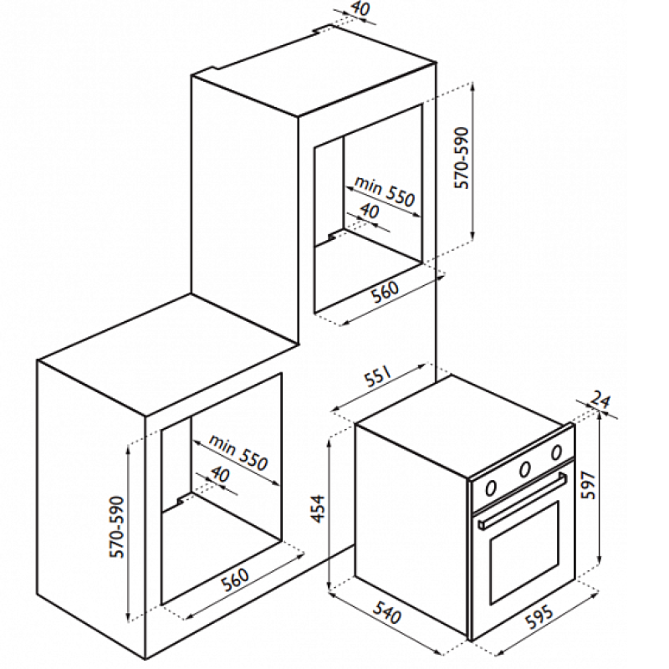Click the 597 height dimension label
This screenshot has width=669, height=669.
pos(589,485)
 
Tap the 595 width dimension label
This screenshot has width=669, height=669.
pos(540,616)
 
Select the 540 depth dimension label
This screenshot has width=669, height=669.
pos(387,613)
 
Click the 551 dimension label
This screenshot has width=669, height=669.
pos(378,375)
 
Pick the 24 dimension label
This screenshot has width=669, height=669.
pos(600,400)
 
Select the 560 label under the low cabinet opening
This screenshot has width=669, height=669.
pos(235,579)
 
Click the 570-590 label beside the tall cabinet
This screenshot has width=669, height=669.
pos(462,158)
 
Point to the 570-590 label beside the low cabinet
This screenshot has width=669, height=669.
pos(116,527)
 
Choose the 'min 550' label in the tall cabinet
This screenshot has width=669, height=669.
pos(385,191)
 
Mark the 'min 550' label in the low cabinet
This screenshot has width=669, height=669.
pos(238,452)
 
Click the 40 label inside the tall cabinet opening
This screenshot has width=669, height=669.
pos(369,211)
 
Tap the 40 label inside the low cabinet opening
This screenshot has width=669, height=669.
pos(221,474)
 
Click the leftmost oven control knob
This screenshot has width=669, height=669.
pos(491,488)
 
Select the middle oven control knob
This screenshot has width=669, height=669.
pos(524,469)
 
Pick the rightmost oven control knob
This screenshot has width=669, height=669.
pos(556,452)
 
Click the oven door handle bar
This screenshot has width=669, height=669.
pos(523,501)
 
